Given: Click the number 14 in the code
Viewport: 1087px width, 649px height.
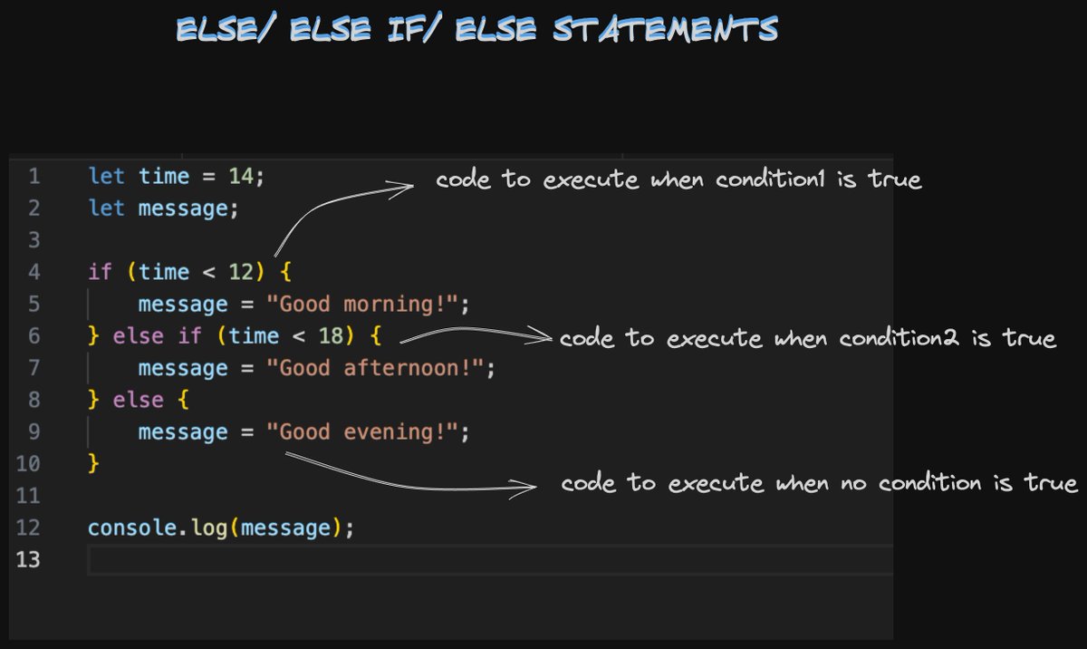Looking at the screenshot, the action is coord(241,176).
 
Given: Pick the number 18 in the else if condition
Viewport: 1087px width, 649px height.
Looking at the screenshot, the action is coord(331,336).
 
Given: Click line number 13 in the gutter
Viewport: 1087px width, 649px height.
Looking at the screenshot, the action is coord(28,560).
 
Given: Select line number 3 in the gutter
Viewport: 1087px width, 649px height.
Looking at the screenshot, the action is coord(34,240).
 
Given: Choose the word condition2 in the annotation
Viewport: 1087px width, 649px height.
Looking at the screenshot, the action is coord(900,339).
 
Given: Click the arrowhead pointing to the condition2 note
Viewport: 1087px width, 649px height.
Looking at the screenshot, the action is coord(543,338).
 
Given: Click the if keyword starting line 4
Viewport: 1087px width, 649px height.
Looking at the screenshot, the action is coord(100,272).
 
